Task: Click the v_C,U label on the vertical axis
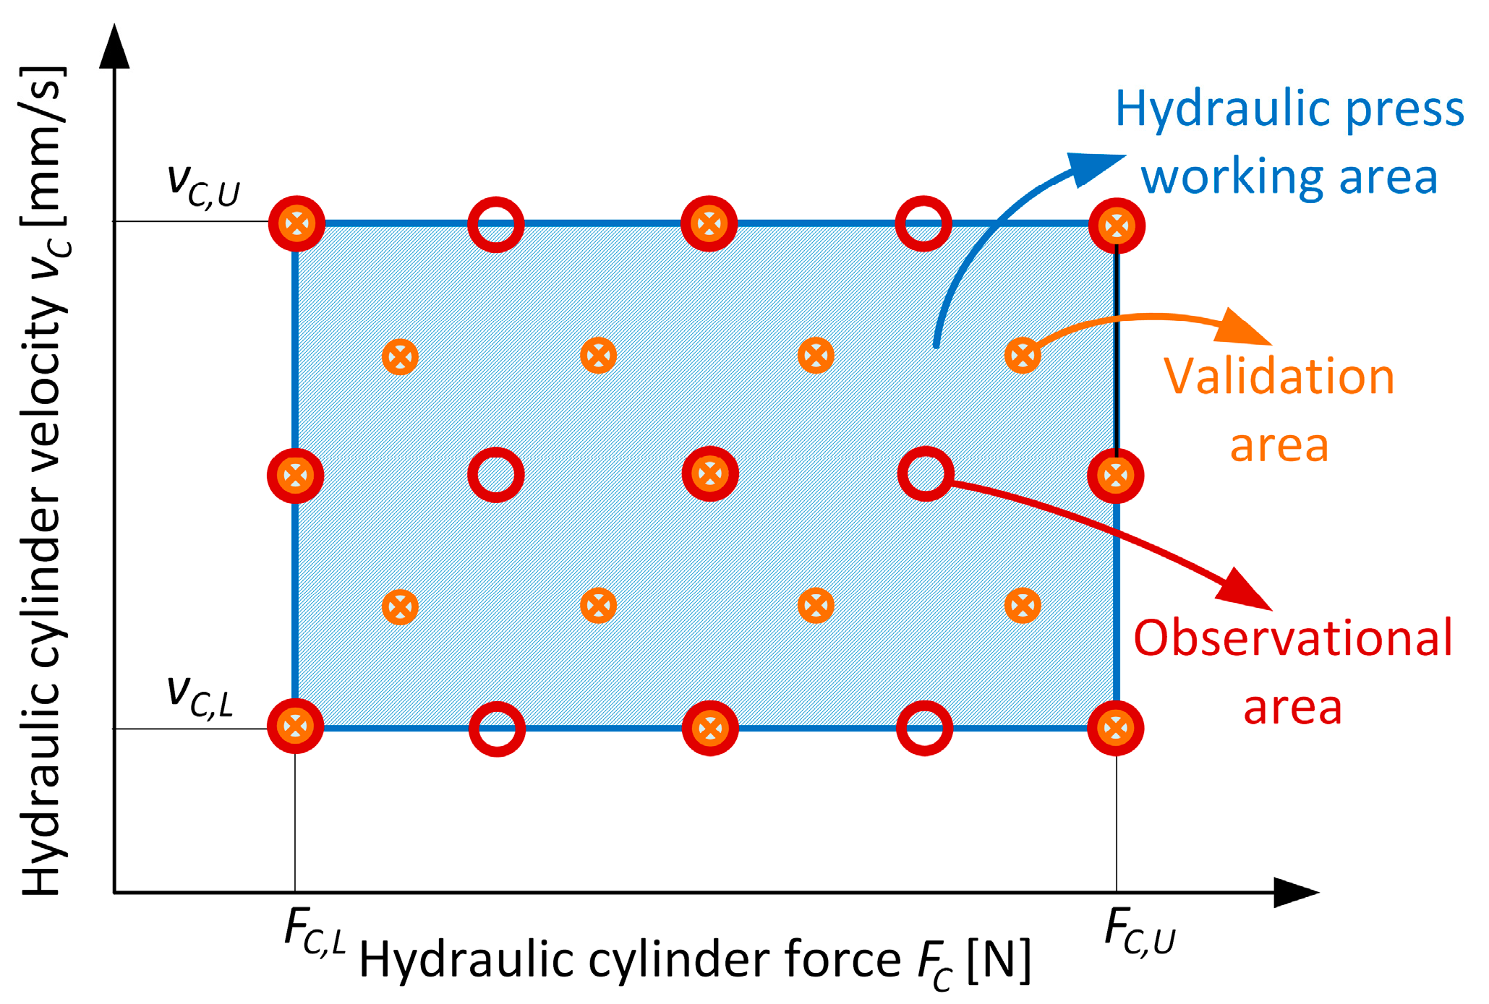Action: point(202,184)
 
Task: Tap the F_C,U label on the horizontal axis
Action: point(1140,932)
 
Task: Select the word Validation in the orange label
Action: point(1279,377)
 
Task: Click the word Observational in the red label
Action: point(1292,638)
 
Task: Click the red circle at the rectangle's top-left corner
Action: point(296,223)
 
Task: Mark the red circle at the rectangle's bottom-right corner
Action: point(1116,728)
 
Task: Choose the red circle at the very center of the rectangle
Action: point(710,474)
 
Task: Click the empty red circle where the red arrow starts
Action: point(926,474)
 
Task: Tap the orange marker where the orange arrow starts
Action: point(1023,355)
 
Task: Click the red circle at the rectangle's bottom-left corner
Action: point(295,726)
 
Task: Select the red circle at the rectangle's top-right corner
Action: point(1117,226)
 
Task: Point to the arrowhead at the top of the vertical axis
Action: point(114,48)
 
